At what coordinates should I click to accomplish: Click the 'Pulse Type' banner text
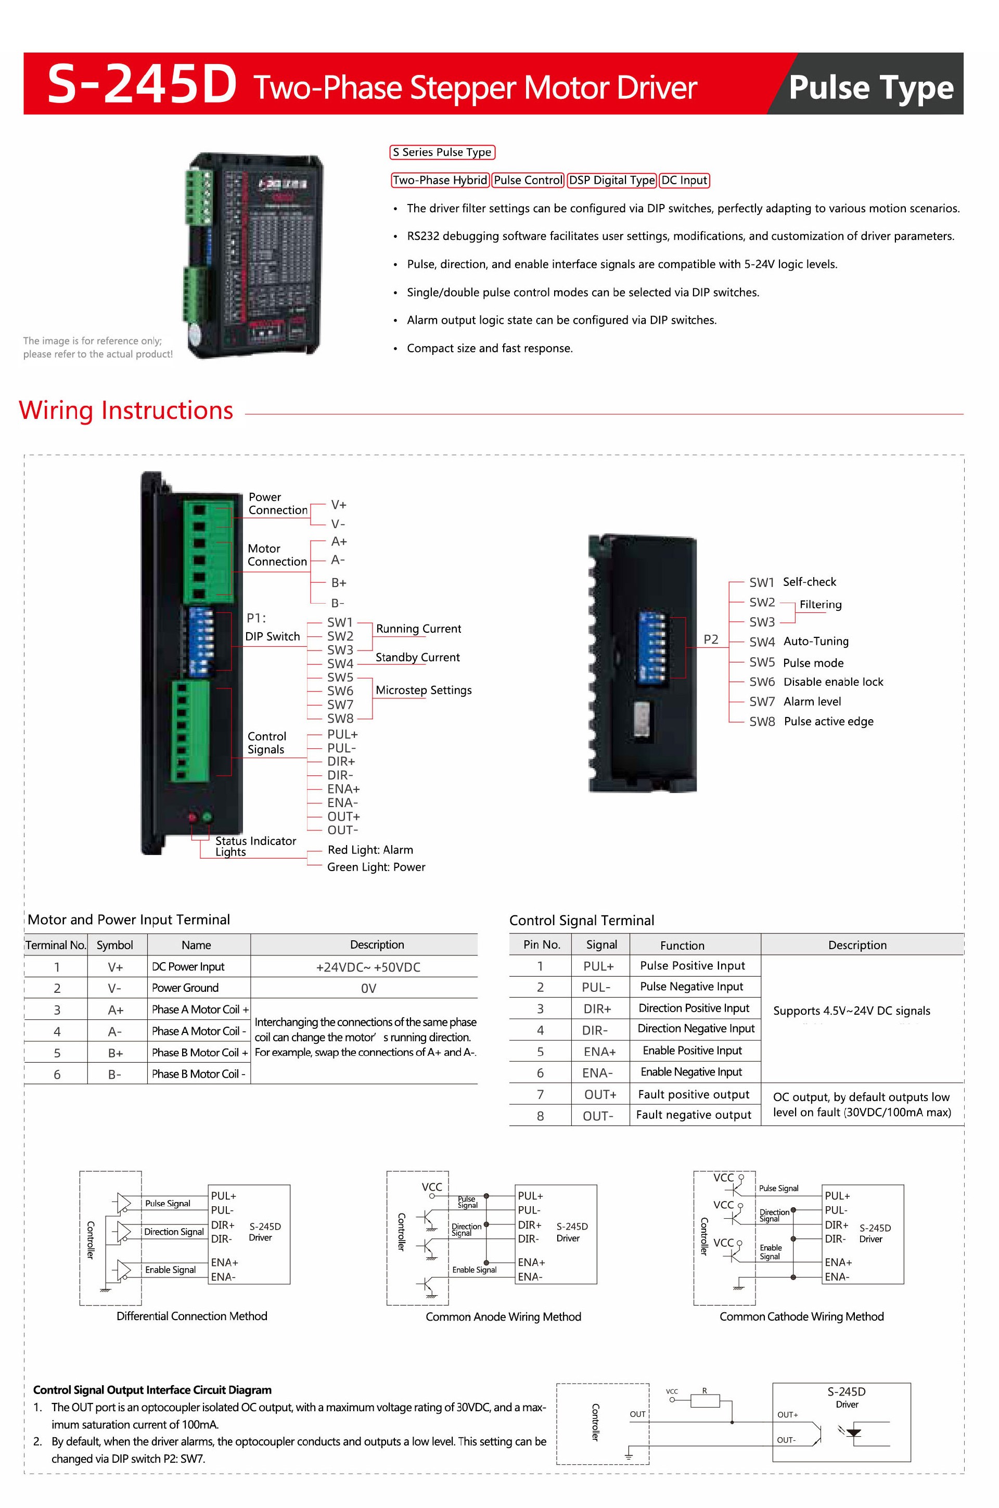[870, 87]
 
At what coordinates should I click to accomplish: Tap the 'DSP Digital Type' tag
[612, 180]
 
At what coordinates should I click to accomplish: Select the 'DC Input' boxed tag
[684, 180]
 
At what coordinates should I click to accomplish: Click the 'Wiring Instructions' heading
[126, 410]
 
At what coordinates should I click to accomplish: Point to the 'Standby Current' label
[417, 657]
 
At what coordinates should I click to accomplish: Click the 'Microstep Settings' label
[424, 690]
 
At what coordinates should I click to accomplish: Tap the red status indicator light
[193, 817]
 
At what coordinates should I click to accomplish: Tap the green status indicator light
[207, 817]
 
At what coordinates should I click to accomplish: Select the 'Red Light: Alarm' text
[370, 850]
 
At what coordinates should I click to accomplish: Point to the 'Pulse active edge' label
[828, 721]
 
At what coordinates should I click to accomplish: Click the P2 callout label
[710, 640]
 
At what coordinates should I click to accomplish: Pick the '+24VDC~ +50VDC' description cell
[368, 967]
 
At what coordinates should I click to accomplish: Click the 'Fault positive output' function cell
[694, 1094]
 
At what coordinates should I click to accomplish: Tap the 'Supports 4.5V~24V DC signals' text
[851, 1011]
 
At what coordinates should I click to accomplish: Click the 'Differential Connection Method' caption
[192, 1316]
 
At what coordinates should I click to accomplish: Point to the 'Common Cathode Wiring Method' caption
[801, 1317]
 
